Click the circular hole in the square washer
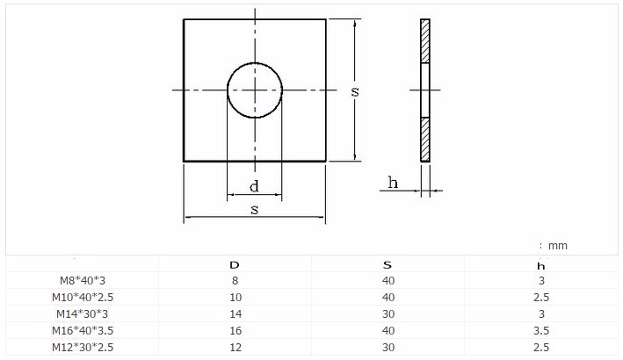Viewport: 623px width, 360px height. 255,90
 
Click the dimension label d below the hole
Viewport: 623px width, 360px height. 254,186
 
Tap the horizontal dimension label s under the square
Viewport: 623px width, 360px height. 254,209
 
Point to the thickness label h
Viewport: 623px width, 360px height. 393,183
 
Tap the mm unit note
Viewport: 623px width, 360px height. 553,246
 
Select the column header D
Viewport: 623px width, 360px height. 234,264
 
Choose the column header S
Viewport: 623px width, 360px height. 388,264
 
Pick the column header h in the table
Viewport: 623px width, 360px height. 541,265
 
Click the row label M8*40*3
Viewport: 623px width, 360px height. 82,281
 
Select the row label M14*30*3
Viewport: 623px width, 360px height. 82,314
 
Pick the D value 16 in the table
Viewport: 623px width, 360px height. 234,331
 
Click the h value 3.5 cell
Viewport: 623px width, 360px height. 541,331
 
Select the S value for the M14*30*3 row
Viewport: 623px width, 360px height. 388,314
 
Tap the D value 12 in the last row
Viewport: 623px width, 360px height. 234,348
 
